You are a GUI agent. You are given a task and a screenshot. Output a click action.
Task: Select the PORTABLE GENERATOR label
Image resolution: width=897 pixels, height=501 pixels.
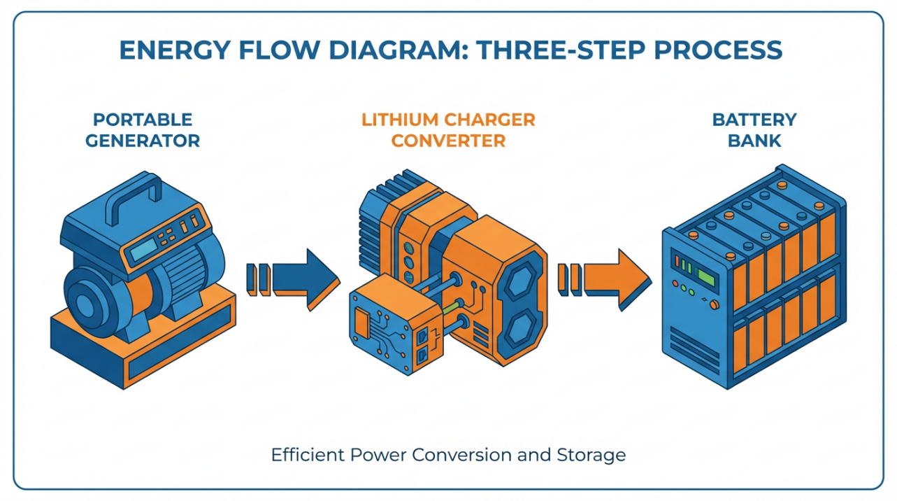(143, 130)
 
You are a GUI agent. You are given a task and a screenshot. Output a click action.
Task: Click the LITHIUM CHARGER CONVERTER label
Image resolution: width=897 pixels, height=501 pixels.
(448, 130)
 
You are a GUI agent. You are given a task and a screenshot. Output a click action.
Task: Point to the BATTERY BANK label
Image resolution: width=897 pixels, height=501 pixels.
(754, 130)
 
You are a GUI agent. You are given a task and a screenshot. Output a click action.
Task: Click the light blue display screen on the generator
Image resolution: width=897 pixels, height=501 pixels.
(144, 248)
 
